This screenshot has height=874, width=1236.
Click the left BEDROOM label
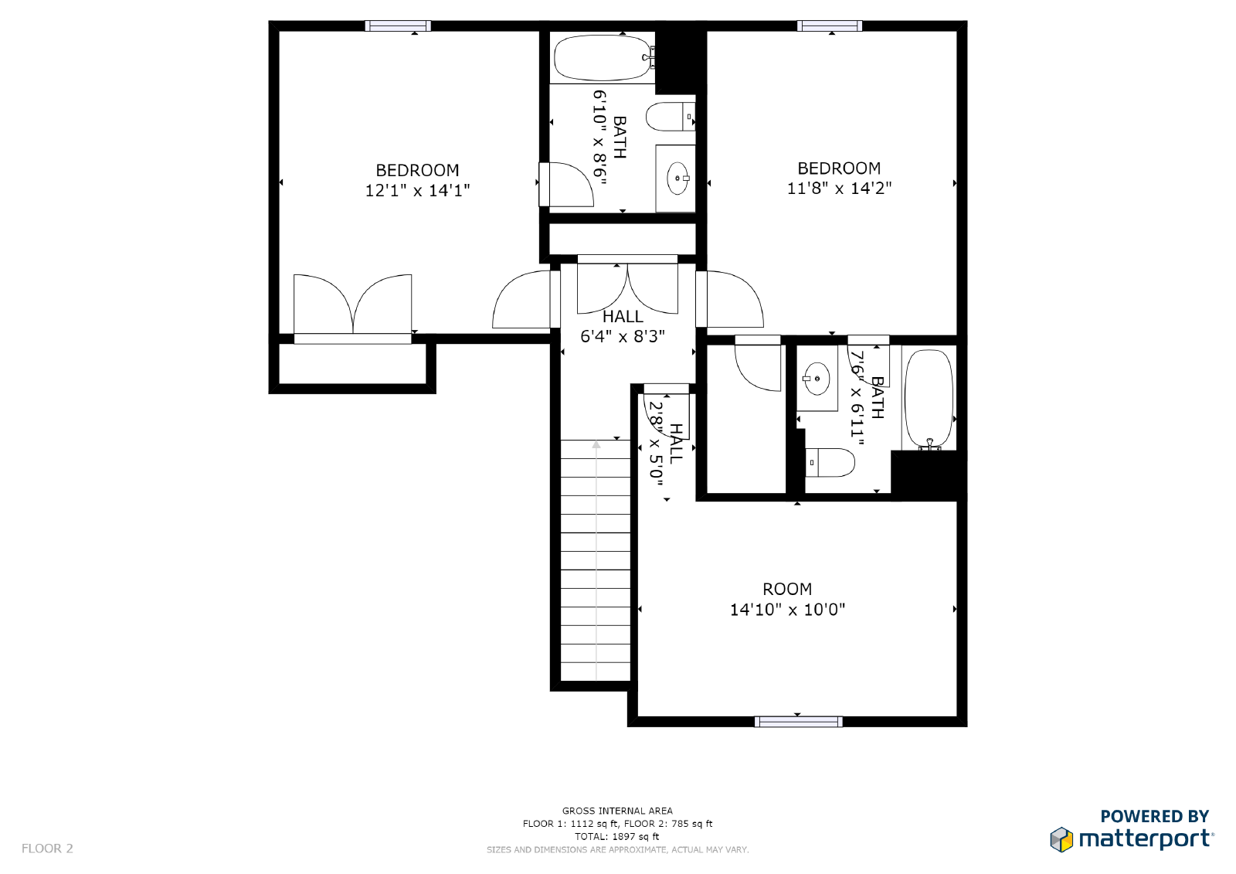(417, 170)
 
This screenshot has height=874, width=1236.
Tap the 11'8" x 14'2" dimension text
(839, 189)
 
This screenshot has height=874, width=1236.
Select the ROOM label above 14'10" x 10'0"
(787, 589)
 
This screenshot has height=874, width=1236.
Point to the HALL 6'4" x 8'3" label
(623, 326)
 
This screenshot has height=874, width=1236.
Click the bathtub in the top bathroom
(603, 57)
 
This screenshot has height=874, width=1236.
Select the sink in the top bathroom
(677, 178)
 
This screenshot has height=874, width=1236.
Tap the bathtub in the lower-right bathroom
(929, 399)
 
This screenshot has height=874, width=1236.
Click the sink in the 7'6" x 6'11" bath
(816, 379)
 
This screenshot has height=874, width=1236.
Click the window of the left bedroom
(398, 26)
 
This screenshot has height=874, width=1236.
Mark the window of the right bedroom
(830, 26)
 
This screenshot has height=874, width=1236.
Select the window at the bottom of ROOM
(799, 722)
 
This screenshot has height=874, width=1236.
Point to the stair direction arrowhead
(596, 444)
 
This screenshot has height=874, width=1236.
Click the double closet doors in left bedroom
(352, 305)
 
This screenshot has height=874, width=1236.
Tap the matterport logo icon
(1061, 839)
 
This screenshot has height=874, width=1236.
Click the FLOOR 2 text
(47, 848)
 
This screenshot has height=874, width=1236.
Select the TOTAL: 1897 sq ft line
(617, 836)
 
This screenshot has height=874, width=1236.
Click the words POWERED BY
(1154, 816)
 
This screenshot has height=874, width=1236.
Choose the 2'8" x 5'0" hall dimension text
(656, 444)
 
